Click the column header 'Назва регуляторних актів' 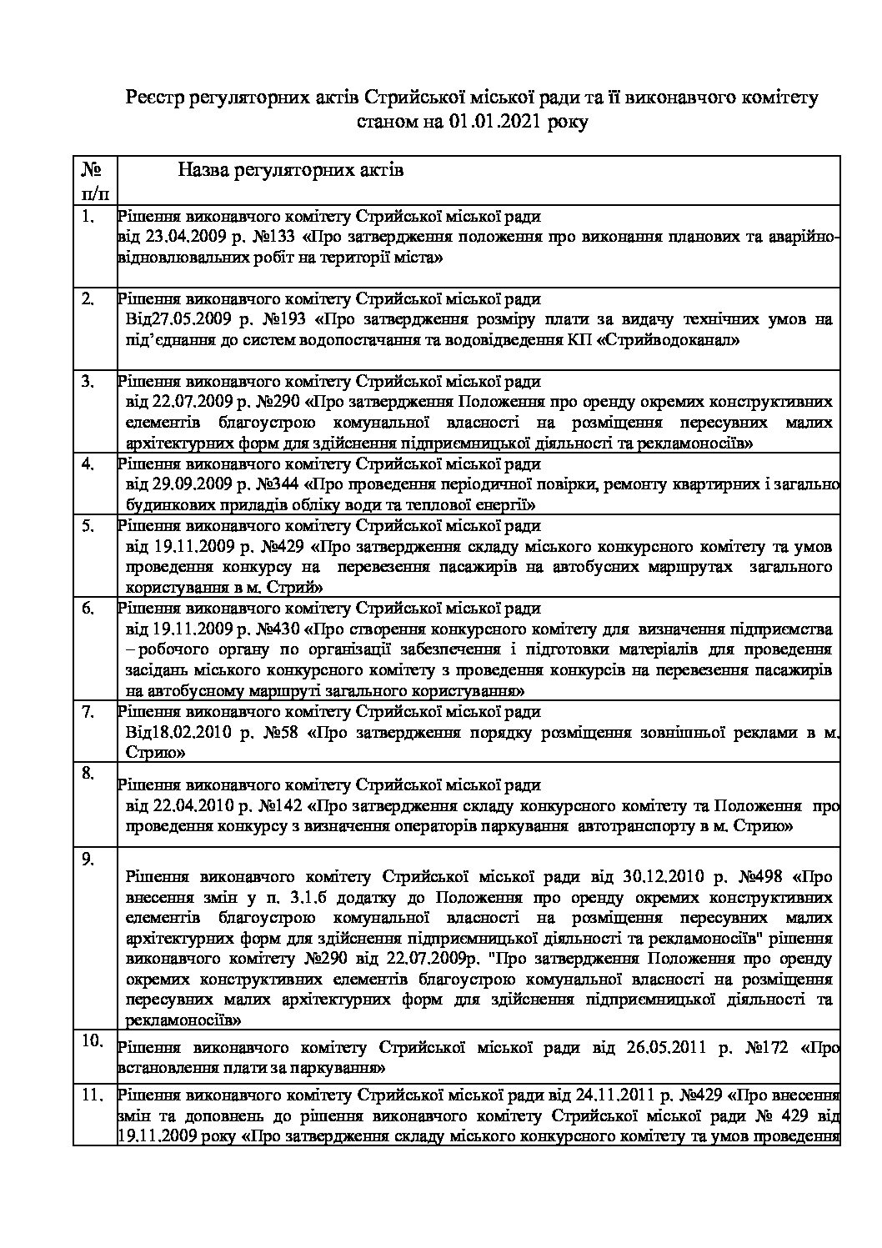click(290, 171)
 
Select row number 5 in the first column click(89, 525)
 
